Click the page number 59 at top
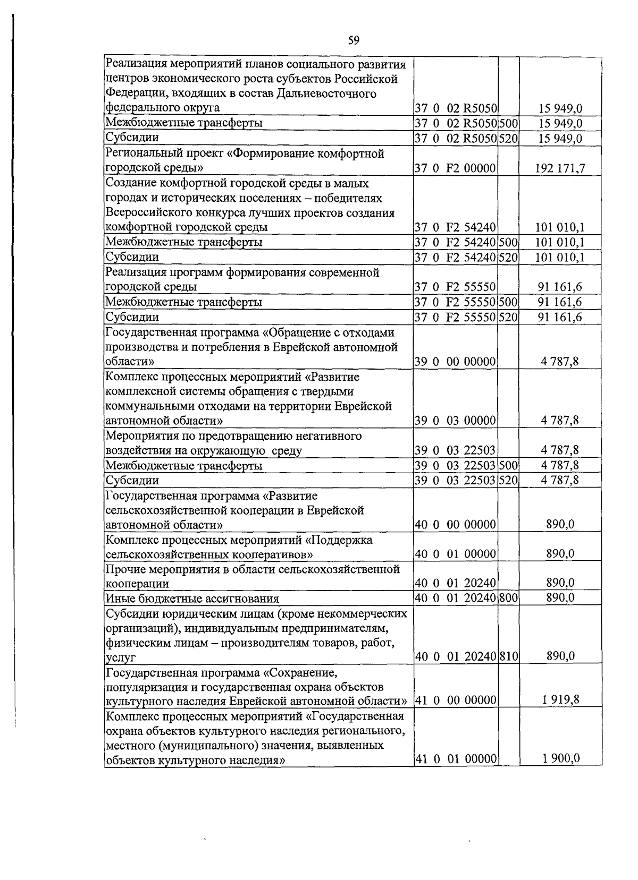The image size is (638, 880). tap(354, 40)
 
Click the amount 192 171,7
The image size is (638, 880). tap(560, 168)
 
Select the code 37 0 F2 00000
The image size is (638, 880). tap(455, 168)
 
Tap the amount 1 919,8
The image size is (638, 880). tap(560, 699)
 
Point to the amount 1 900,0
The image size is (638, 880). tap(560, 758)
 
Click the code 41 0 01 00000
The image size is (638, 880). tap(455, 759)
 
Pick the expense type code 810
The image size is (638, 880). tap(508, 656)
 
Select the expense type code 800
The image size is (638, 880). tap(508, 598)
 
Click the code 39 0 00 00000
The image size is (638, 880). tap(455, 362)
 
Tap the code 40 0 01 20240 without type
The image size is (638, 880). tap(455, 583)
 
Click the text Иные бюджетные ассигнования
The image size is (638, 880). tap(192, 599)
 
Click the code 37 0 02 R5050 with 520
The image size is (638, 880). tap(455, 139)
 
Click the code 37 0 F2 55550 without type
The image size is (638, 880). tap(455, 287)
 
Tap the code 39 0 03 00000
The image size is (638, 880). tap(455, 421)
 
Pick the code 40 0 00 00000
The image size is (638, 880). tap(455, 525)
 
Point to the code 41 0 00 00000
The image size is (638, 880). tap(455, 700)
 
